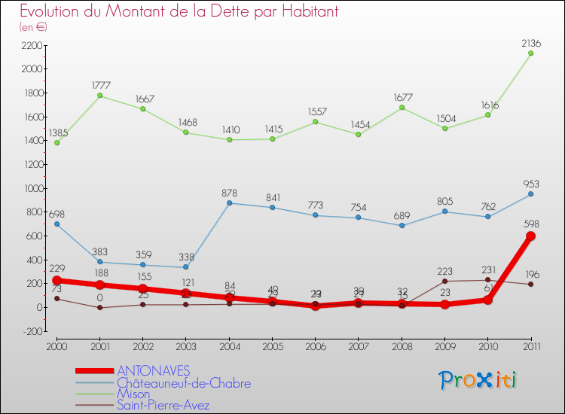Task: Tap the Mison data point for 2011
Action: pos(530,53)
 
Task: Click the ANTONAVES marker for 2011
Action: pos(530,236)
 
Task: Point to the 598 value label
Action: pos(531,224)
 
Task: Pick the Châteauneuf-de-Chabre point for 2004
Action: pos(229,203)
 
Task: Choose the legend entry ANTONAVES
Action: pos(154,370)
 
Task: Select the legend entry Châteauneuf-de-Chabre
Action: pos(183,382)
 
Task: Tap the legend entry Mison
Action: pos(133,394)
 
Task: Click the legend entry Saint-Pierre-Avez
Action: pos(163,406)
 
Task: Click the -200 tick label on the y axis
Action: pos(32,331)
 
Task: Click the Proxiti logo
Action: pos(478,380)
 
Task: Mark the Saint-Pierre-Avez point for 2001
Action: pos(99,307)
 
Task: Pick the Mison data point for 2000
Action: pos(56,142)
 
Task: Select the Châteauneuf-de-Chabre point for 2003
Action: pos(186,267)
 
